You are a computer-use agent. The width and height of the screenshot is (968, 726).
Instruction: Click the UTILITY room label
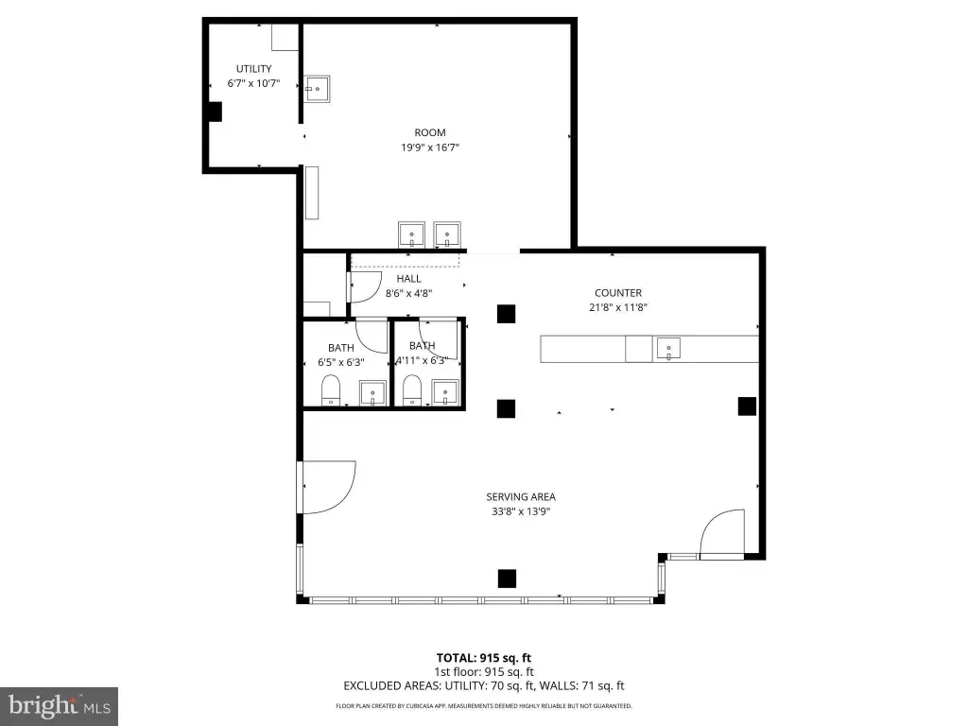(253, 68)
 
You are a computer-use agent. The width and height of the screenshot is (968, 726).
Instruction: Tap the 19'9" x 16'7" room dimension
(430, 147)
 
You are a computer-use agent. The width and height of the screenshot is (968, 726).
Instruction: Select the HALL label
(408, 279)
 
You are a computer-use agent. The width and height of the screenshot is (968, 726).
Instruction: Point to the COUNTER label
(618, 293)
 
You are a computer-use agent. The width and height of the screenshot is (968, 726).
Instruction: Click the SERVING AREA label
(521, 496)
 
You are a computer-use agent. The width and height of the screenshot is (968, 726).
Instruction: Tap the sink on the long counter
(668, 349)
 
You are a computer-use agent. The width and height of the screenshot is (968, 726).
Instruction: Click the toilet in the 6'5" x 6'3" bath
(331, 390)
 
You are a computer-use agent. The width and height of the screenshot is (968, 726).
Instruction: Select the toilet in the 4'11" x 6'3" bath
(412, 390)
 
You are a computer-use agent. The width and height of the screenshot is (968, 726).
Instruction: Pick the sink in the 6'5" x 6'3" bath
(372, 393)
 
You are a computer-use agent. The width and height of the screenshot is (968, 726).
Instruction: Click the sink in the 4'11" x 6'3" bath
(446, 392)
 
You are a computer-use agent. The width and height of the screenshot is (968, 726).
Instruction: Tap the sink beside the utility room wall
(317, 89)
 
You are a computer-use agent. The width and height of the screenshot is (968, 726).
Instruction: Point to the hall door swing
(367, 287)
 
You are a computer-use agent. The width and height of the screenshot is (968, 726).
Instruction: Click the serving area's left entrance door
(326, 487)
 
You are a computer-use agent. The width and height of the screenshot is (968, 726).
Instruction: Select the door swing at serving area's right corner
(721, 533)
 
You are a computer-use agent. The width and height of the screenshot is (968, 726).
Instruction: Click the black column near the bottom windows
(507, 579)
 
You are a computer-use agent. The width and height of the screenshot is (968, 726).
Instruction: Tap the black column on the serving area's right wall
(747, 406)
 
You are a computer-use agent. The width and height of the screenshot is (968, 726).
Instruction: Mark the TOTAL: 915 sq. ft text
(483, 658)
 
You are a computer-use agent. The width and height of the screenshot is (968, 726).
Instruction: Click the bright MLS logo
(60, 706)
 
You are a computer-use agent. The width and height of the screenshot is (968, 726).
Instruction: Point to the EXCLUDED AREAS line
(483, 686)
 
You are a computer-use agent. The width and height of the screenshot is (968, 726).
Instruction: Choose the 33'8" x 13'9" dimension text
(521, 511)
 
